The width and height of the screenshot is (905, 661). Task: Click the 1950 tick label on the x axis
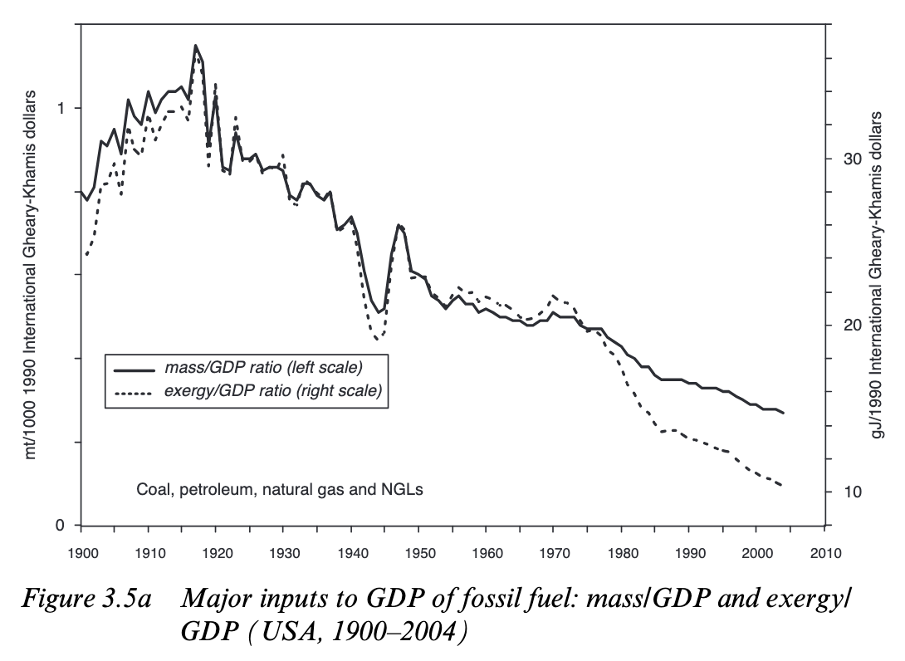click(x=418, y=553)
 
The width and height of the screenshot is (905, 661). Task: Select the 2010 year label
click(x=824, y=553)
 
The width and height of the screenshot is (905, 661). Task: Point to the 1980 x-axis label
click(x=622, y=553)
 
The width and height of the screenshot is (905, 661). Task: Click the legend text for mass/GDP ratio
click(x=264, y=368)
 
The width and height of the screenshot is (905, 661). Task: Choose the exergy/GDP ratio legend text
click(x=273, y=390)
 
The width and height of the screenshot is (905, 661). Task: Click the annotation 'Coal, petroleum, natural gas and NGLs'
click(x=279, y=490)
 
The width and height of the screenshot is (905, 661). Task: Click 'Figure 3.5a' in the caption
click(x=85, y=598)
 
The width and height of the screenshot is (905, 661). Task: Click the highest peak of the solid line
click(x=196, y=45)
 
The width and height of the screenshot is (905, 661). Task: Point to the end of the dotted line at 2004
click(x=783, y=486)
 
